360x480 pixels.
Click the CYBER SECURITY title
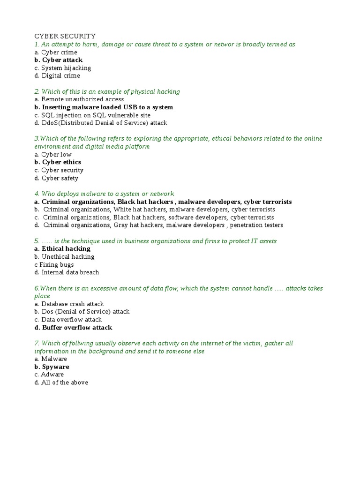click(65, 36)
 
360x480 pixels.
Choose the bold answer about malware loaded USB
click(104, 107)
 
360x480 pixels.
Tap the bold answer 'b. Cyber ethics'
click(58, 162)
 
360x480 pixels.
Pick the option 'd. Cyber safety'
click(56, 178)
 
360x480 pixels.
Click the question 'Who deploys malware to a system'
click(104, 194)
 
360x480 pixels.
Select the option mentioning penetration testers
click(158, 225)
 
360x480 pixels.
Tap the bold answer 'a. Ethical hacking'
click(62, 249)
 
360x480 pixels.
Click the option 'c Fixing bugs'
click(54, 265)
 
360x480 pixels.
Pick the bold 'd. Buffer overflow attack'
click(73, 328)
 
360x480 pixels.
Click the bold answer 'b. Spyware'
click(52, 367)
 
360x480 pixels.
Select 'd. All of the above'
click(61, 382)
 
